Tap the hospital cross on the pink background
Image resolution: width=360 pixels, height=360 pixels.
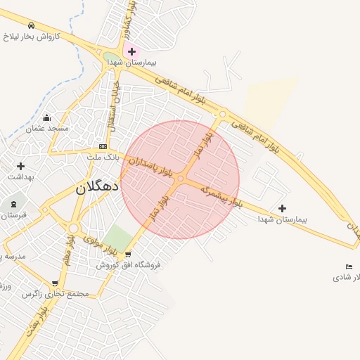pyautogui.click(x=131, y=51)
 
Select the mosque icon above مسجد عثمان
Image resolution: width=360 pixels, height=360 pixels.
pyautogui.click(x=46, y=118)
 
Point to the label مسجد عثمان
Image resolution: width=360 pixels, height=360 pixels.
pyautogui.click(x=47, y=129)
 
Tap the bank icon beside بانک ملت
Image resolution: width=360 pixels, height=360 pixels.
pyautogui.click(x=103, y=146)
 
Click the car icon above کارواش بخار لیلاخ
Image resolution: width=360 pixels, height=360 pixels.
pyautogui.click(x=31, y=25)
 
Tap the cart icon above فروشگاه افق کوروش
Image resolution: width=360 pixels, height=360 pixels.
pyautogui.click(x=127, y=255)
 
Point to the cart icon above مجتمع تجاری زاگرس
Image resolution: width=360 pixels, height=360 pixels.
pyautogui.click(x=55, y=283)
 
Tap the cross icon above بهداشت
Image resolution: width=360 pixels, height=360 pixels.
pyautogui.click(x=20, y=167)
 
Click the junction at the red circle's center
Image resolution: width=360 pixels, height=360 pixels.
pyautogui.click(x=180, y=179)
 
